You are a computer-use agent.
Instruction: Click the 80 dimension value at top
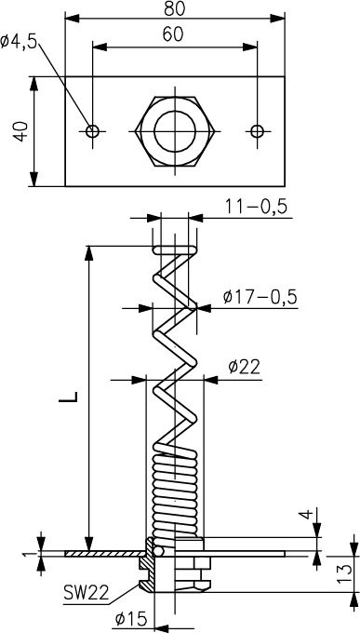point(174,9)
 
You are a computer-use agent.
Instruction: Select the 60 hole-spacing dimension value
point(173,34)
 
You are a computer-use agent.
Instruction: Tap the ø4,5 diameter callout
point(19,42)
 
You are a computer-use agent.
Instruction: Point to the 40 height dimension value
point(20,131)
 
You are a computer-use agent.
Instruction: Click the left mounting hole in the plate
point(92,131)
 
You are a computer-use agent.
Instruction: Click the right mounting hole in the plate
point(257,131)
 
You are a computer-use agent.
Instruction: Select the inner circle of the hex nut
point(175,131)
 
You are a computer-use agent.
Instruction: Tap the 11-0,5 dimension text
point(256,207)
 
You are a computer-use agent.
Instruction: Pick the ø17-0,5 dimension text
point(260,297)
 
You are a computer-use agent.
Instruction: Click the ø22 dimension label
point(244,368)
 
